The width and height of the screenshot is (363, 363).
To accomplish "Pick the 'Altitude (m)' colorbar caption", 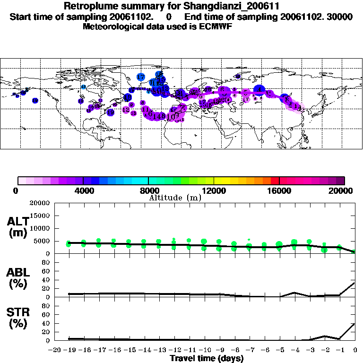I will point(175,198).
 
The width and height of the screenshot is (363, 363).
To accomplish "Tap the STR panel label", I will point(17,318).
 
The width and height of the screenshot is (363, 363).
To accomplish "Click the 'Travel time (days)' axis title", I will point(207,358).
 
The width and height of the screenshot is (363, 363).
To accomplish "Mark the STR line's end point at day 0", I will point(355,324).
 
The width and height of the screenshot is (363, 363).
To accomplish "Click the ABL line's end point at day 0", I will point(355,283).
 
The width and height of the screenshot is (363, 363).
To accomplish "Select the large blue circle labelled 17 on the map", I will point(141,77).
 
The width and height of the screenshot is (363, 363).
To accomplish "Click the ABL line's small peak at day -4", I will point(294,293).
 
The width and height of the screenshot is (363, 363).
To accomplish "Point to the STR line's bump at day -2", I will point(325,336).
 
